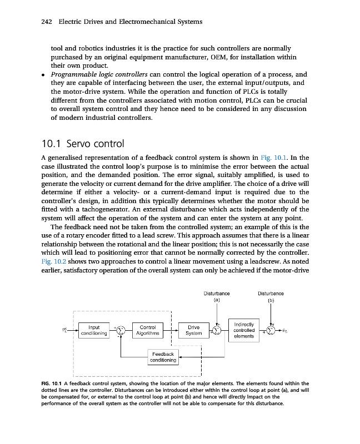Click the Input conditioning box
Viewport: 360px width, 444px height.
93,331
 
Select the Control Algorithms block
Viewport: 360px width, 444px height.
148,331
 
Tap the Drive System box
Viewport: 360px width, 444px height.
194,331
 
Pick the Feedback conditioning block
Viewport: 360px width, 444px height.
163,357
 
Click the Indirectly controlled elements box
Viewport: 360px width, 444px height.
244,330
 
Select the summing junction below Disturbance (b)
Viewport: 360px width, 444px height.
271,331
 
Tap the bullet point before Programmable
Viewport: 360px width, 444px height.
44,74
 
